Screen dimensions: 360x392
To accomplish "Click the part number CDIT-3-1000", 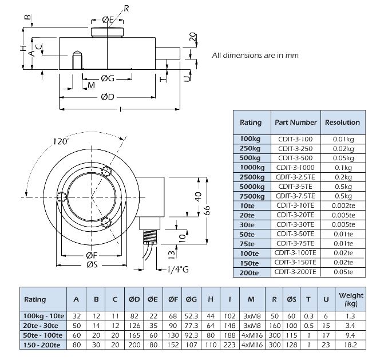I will tap(295, 167).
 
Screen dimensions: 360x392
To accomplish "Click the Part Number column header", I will tap(295, 122).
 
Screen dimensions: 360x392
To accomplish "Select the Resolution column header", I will tap(343, 122).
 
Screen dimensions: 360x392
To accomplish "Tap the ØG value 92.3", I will tap(191, 335).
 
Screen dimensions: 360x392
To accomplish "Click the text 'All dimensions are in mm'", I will tap(255, 56).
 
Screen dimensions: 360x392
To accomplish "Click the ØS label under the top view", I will tap(93, 265).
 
